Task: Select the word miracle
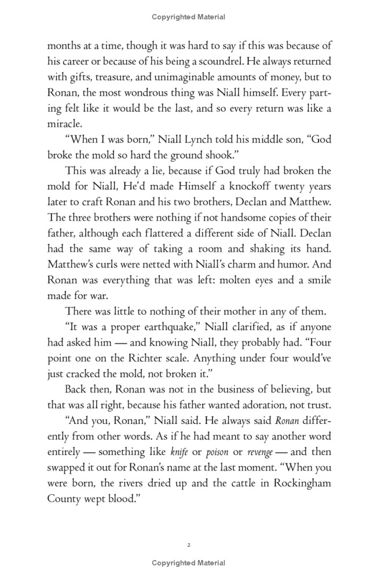click(65, 123)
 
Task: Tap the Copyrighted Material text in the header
click(188, 17)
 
